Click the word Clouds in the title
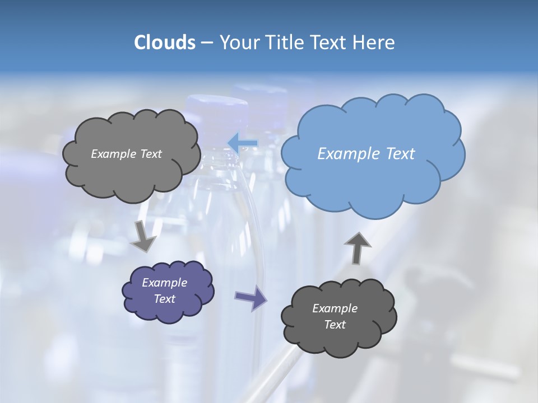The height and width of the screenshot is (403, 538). click(165, 43)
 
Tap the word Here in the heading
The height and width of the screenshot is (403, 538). click(374, 43)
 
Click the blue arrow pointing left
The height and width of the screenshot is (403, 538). click(242, 143)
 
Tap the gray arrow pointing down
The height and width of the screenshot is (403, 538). click(144, 236)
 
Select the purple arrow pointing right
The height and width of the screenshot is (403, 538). click(251, 299)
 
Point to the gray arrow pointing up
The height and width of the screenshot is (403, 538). click(357, 247)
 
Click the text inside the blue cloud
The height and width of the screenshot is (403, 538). click(366, 154)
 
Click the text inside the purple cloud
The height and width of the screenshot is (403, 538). click(165, 290)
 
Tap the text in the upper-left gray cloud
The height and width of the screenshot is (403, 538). click(126, 154)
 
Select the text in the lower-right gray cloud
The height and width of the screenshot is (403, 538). click(335, 316)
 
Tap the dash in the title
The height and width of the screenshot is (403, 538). click(207, 43)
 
